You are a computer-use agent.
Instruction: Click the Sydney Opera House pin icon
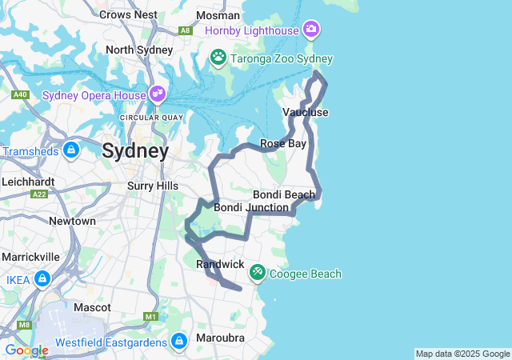(x=157, y=94)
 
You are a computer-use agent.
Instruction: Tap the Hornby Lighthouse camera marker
(x=311, y=30)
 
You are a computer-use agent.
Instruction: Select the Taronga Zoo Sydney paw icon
(x=218, y=58)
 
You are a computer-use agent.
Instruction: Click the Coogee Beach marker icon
(x=257, y=273)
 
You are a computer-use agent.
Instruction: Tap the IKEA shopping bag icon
(x=42, y=279)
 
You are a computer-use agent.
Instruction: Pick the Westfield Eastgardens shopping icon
(x=178, y=342)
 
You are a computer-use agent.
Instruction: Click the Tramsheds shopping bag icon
(x=70, y=150)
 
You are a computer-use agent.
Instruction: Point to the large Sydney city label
(x=135, y=150)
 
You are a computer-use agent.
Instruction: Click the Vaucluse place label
(x=306, y=112)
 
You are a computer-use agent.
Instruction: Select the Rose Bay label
(x=283, y=144)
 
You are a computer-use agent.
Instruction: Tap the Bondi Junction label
(x=250, y=207)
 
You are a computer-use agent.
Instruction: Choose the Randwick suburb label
(x=220, y=263)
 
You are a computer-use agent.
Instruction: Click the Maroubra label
(x=220, y=338)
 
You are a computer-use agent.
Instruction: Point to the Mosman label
(x=218, y=15)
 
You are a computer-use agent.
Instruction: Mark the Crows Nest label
(x=128, y=14)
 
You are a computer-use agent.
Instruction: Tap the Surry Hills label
(x=153, y=186)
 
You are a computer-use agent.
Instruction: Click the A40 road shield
(x=21, y=95)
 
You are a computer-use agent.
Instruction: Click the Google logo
(x=26, y=350)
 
